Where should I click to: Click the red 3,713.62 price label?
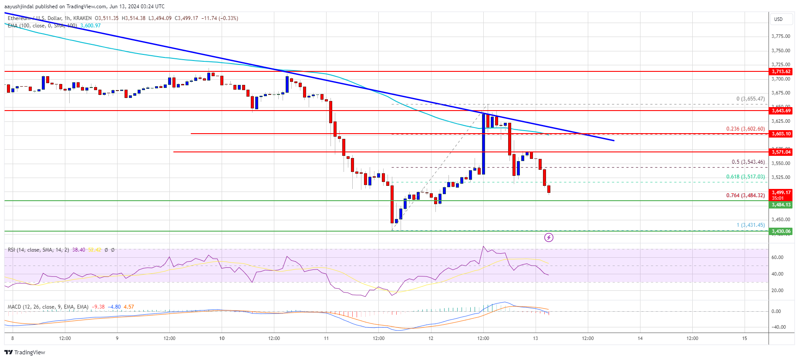point(781,71)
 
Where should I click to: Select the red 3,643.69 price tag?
point(781,111)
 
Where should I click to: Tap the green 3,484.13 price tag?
point(781,205)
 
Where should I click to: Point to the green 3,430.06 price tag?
point(781,231)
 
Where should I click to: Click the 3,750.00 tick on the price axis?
point(781,50)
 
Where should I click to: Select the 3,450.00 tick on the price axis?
point(781,220)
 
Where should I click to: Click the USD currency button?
point(778,19)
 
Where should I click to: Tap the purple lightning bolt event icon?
point(549,237)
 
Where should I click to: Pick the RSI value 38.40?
point(78,250)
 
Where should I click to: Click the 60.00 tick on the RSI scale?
point(777,257)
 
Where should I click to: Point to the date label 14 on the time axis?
point(640,338)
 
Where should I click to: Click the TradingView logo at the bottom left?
point(25,352)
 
